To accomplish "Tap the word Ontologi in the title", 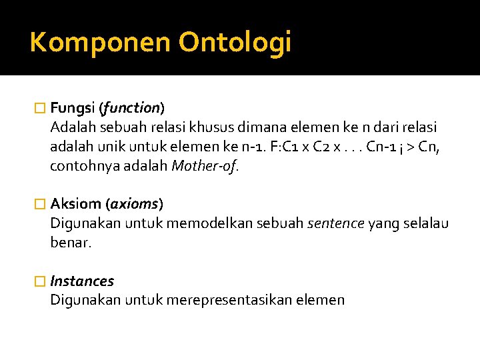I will pos(235,43).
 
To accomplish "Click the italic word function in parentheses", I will pos(131,107).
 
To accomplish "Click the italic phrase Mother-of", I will pos(203,165).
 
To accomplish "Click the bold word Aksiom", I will pos(75,203).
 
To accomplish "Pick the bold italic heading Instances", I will pos(82,281).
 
